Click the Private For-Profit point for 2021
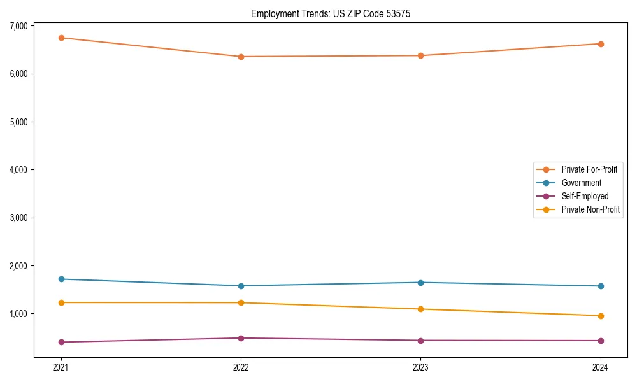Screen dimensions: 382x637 (61, 38)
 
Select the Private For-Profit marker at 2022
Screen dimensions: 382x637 (241, 57)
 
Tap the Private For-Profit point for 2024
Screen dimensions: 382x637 (601, 44)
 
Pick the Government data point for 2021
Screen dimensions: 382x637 (61, 279)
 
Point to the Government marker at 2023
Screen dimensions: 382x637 (421, 282)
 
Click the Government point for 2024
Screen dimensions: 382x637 (601, 286)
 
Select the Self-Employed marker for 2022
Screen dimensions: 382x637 (241, 338)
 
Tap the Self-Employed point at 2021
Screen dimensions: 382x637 (61, 342)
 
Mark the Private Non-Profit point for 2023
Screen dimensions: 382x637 (421, 309)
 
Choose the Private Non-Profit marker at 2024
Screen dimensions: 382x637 (601, 316)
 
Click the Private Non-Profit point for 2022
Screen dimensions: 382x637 (241, 302)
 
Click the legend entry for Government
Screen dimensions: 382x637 (581, 183)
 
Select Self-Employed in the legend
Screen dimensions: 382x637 (585, 196)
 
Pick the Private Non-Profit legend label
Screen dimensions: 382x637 (590, 209)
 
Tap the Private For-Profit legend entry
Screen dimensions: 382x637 (589, 169)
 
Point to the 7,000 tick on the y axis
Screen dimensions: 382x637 (18, 26)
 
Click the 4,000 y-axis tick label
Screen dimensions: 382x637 (18, 170)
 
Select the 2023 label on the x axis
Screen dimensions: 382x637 (421, 367)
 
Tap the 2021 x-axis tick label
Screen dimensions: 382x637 (61, 367)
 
